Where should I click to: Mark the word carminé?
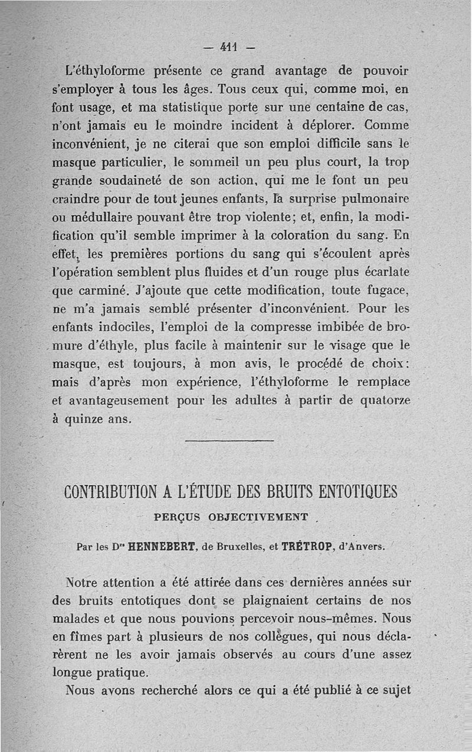[x=103, y=290]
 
